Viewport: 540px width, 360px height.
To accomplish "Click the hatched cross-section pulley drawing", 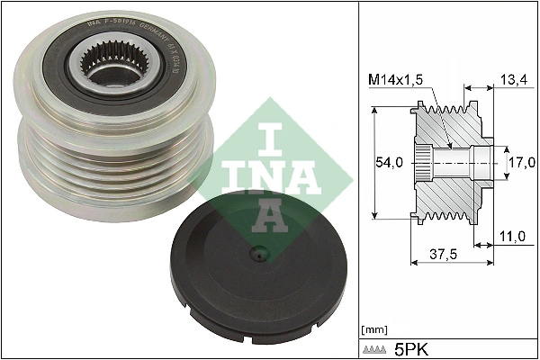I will click(x=450, y=162).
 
